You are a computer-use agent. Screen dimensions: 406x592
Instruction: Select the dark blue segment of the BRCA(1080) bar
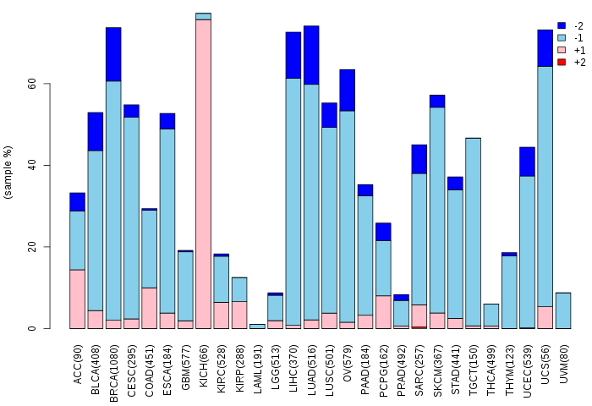pyautogui.click(x=113, y=54)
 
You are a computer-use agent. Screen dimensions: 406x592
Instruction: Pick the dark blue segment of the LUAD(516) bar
pyautogui.click(x=311, y=55)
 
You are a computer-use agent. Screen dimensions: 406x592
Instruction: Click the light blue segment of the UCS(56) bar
pyautogui.click(x=545, y=186)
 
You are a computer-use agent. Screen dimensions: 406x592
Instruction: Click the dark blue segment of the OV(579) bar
pyautogui.click(x=347, y=90)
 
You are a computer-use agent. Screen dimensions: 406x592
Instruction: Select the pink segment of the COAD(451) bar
pyautogui.click(x=149, y=308)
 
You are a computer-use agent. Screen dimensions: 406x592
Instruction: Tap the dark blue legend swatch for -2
pyautogui.click(x=562, y=26)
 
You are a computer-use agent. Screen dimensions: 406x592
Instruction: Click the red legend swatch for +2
pyautogui.click(x=562, y=63)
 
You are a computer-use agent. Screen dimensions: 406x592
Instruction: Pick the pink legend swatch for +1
pyautogui.click(x=562, y=51)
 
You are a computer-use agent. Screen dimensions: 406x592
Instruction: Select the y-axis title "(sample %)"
pyautogui.click(x=8, y=173)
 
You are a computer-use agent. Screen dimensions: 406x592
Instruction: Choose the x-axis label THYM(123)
pyautogui.click(x=510, y=363)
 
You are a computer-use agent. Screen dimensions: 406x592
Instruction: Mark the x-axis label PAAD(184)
pyautogui.click(x=366, y=363)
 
